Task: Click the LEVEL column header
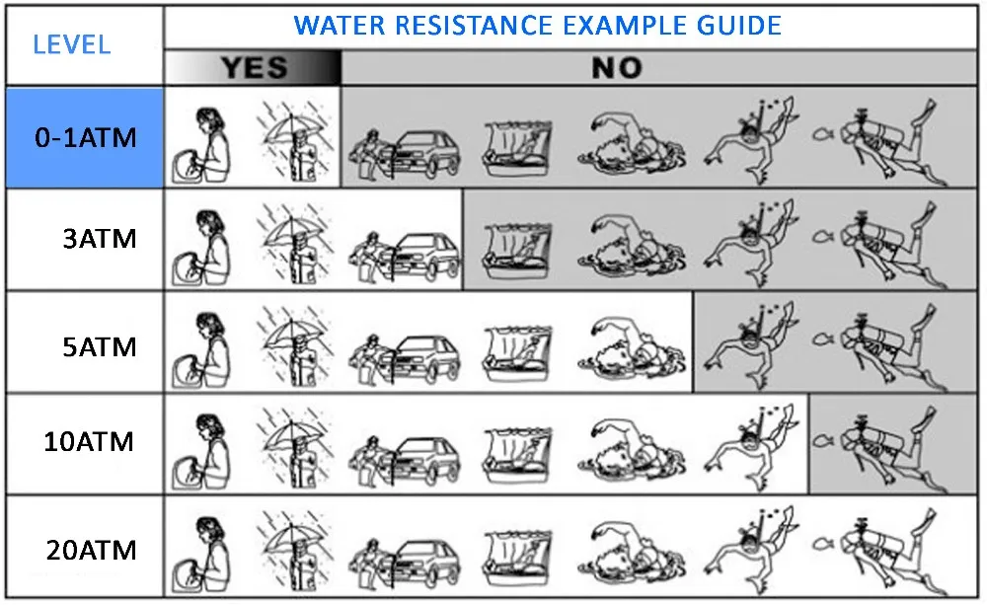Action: [x=71, y=44]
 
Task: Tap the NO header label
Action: [x=616, y=67]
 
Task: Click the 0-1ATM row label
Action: [x=84, y=138]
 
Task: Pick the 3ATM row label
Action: [x=99, y=240]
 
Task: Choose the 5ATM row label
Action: [x=99, y=346]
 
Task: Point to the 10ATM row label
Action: [x=89, y=441]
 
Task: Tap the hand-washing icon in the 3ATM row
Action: [x=200, y=246]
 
